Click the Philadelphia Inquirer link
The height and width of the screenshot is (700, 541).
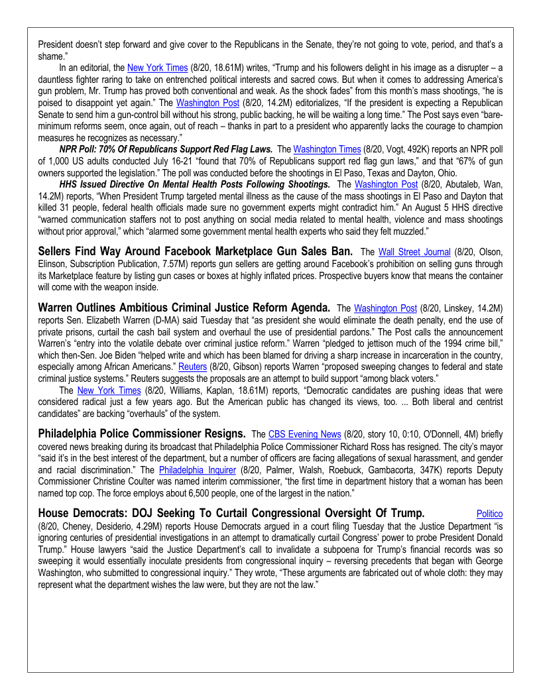[x=197, y=470]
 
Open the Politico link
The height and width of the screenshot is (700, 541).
[x=489, y=514]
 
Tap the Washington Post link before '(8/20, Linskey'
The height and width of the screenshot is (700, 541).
[x=385, y=308]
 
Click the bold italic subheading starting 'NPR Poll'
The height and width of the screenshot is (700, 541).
[x=166, y=149]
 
